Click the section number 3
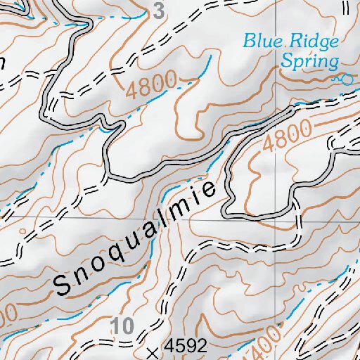tap(158, 11)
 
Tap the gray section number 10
tap(122, 326)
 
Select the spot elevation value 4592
tap(185, 347)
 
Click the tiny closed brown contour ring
tap(23, 230)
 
